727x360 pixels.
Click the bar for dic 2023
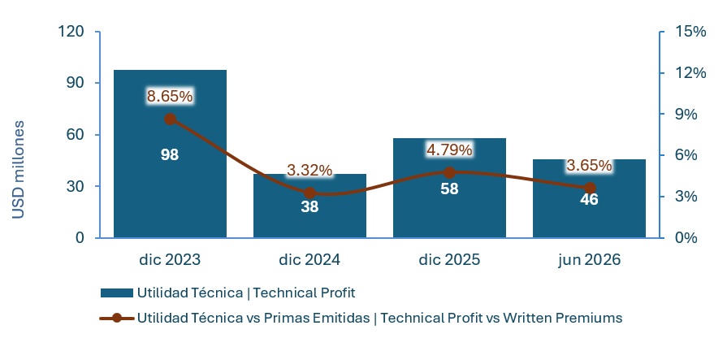click(170, 154)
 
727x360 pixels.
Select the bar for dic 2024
click(309, 206)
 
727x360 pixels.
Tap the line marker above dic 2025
click(449, 173)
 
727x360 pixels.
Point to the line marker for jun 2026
click(589, 188)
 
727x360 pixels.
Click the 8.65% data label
click(170, 97)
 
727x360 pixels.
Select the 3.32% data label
click(309, 171)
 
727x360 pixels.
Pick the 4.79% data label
click(449, 150)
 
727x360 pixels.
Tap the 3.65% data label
click(589, 165)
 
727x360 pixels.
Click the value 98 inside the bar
click(170, 155)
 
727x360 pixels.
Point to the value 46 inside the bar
click(589, 199)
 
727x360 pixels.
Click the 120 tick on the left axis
click(71, 32)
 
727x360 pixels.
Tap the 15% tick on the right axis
click(690, 32)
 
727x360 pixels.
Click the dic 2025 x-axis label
click(449, 260)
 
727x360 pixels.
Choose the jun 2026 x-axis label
click(589, 260)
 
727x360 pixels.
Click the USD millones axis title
click(18, 169)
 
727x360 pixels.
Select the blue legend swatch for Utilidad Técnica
click(116, 293)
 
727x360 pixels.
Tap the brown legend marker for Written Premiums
click(116, 319)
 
